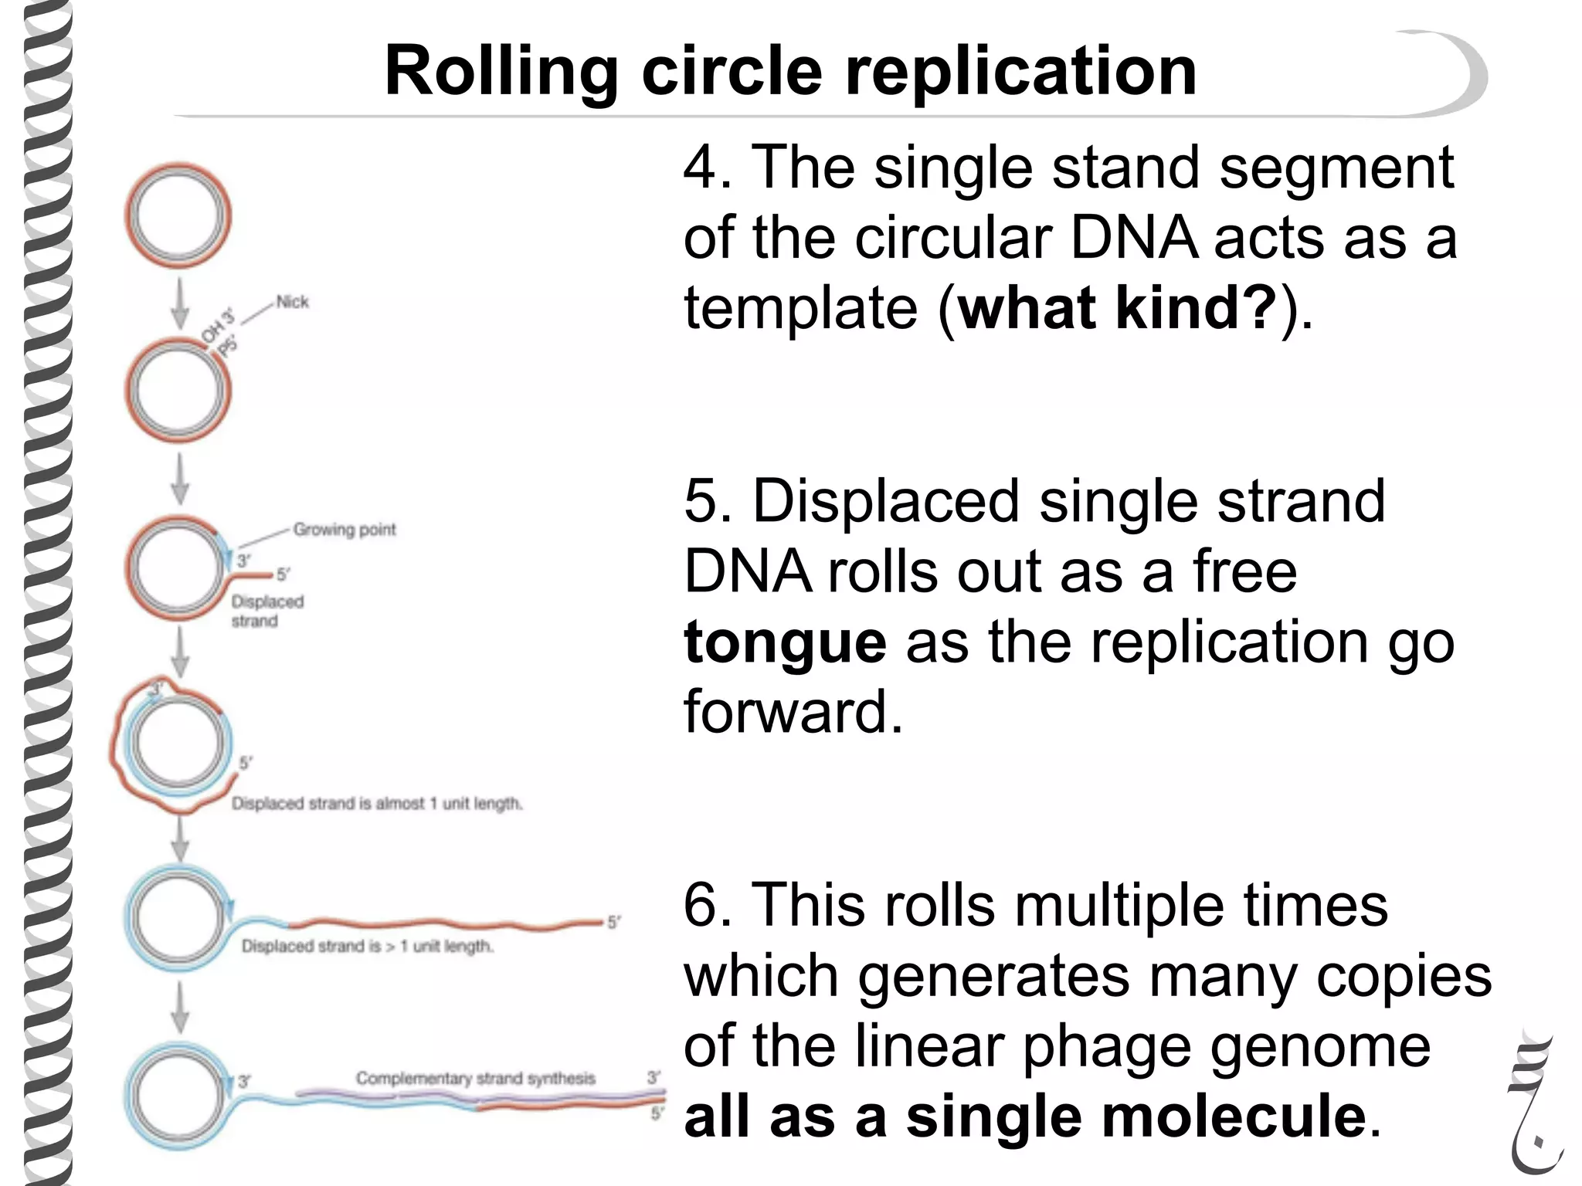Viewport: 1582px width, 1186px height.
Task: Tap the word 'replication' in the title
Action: point(1020,71)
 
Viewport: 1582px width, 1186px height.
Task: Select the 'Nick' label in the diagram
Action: point(292,302)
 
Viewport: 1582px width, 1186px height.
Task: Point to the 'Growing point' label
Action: point(344,530)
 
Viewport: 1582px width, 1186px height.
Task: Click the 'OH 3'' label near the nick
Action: point(217,327)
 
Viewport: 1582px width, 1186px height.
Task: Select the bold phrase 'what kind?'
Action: point(1116,307)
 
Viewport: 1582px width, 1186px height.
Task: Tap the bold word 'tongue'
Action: point(785,642)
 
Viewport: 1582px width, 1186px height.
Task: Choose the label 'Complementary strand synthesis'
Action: point(475,1078)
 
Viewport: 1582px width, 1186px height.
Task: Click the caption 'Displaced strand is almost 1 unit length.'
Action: point(377,804)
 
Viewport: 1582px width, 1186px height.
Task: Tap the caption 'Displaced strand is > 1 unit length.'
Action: point(367,946)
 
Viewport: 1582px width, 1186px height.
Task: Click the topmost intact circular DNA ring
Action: point(178,215)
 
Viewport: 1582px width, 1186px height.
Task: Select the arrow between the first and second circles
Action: point(179,303)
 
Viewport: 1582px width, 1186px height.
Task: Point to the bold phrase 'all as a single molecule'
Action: point(1024,1117)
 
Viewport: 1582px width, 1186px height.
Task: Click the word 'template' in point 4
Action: point(800,307)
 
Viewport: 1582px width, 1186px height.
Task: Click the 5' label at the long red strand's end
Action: point(613,922)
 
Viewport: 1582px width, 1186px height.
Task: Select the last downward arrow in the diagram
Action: point(179,1007)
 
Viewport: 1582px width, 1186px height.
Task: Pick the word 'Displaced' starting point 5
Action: point(885,502)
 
